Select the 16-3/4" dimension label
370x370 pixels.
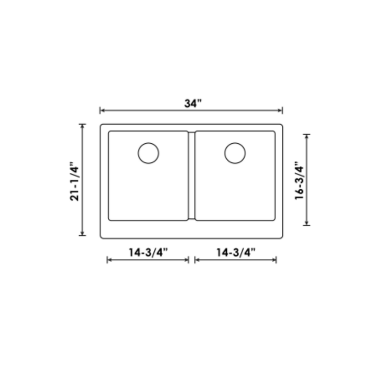click(x=299, y=180)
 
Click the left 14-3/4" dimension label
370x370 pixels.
click(x=148, y=252)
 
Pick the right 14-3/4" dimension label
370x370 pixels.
click(x=236, y=252)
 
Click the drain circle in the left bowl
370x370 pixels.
click(x=148, y=153)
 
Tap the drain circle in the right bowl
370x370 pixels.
click(x=235, y=153)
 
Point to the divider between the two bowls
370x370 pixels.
click(x=191, y=175)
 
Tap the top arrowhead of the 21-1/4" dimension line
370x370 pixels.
click(x=82, y=126)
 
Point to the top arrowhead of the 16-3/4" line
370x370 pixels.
click(x=307, y=136)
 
